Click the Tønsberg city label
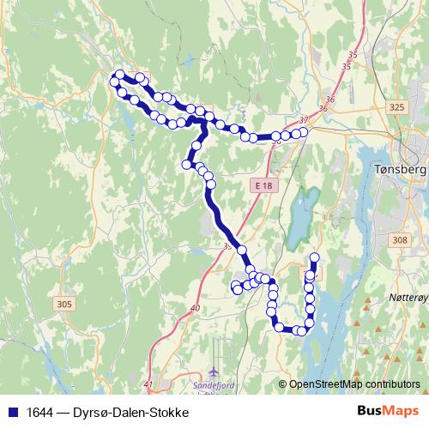pyautogui.click(x=401, y=170)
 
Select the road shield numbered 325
pyautogui.click(x=396, y=107)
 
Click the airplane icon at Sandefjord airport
pyautogui.click(x=213, y=372)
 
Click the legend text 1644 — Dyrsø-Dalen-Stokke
pyautogui.click(x=101, y=411)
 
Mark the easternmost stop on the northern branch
pyautogui.click(x=303, y=132)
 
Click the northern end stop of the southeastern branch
pyautogui.click(x=314, y=257)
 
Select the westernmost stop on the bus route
pyautogui.click(x=114, y=82)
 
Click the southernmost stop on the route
pyautogui.click(x=300, y=330)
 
